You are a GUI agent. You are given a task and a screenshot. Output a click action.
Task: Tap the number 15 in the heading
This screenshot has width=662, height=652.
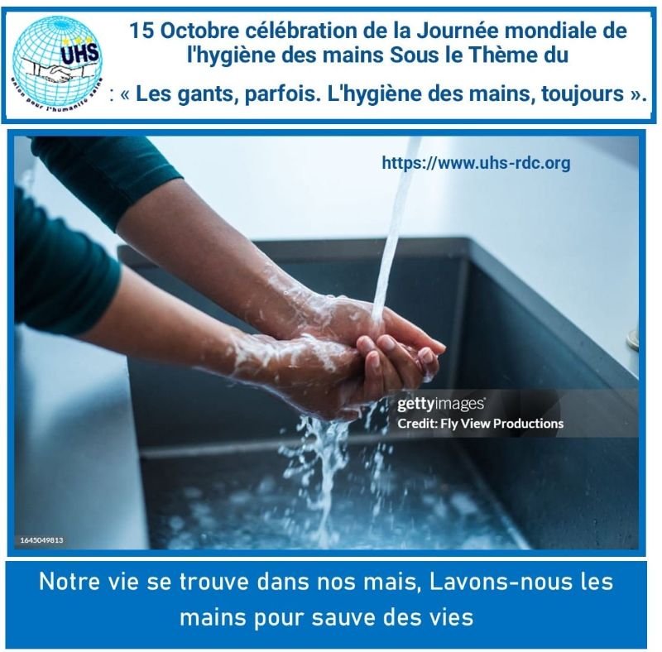(x=141, y=31)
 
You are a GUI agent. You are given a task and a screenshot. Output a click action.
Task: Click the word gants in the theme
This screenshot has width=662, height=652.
(x=203, y=94)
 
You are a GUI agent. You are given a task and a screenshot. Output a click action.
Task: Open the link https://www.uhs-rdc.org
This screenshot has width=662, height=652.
(x=476, y=163)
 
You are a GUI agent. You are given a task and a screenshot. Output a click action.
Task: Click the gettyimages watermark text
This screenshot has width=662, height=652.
(x=441, y=404)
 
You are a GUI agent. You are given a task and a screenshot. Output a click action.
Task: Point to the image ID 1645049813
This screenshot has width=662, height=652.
(x=42, y=540)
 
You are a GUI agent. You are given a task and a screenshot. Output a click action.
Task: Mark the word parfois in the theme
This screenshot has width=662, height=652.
(x=281, y=94)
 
